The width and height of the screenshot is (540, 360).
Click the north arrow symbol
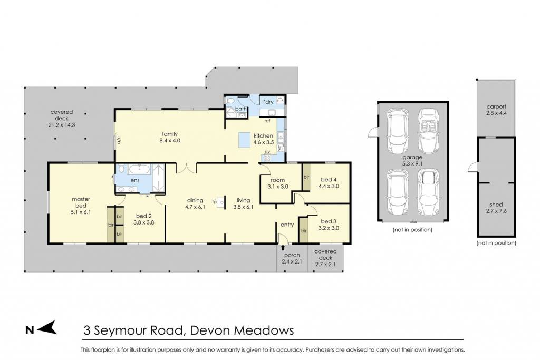point(47,327)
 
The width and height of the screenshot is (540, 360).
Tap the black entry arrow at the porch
point(283,247)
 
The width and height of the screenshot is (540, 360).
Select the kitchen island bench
point(245,140)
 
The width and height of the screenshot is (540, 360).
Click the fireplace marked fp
point(221,202)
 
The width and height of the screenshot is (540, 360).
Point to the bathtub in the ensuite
point(139,169)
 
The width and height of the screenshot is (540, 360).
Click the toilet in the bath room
point(230,101)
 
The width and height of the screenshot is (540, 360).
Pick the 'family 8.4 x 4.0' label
point(170,138)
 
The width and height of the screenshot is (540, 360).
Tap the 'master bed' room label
point(81,202)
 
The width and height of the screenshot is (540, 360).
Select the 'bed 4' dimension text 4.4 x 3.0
point(329,186)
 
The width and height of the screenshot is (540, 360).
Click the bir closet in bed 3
point(303,230)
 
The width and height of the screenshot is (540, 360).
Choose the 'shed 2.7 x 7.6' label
point(496,208)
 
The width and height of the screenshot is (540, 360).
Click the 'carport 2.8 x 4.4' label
point(496,110)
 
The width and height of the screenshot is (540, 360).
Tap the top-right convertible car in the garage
point(428,131)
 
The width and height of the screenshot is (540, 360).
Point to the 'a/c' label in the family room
point(119,140)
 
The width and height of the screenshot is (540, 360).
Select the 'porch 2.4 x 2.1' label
point(292,258)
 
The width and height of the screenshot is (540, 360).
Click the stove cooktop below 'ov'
point(266,158)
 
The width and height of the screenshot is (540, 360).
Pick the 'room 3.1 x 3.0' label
point(277,183)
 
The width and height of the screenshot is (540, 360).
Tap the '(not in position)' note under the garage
point(412,230)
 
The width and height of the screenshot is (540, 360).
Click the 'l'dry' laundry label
point(267,102)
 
